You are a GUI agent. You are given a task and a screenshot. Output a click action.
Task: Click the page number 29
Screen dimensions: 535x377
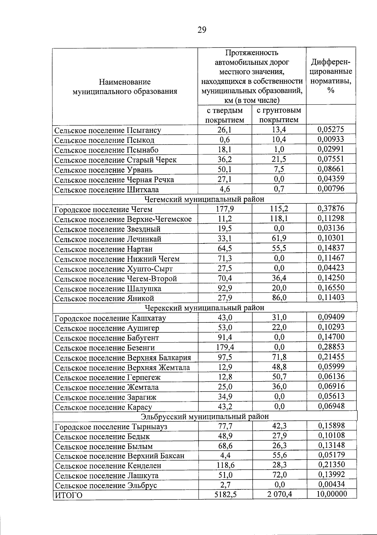click(202, 30)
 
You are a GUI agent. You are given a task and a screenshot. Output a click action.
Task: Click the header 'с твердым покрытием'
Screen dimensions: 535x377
click(225, 115)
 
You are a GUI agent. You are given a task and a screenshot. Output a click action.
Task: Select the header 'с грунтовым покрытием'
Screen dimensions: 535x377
click(279, 115)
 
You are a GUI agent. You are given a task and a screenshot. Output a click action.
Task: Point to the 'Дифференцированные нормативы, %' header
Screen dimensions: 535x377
click(331, 76)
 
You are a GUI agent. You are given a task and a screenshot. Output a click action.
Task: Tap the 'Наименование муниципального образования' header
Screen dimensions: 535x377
click(125, 87)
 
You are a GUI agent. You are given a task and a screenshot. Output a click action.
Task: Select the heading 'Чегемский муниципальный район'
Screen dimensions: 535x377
click(204, 199)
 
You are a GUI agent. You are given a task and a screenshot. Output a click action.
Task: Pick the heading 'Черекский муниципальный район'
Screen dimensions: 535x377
click(204, 308)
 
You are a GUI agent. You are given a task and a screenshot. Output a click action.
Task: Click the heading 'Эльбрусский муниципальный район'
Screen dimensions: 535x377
click(205, 417)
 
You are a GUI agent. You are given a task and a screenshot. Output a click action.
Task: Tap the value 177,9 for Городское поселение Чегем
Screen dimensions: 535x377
click(225, 209)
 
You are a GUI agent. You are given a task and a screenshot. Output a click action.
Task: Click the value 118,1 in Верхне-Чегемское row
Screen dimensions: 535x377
click(279, 219)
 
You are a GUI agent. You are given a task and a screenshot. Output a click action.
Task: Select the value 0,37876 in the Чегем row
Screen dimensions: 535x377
click(331, 208)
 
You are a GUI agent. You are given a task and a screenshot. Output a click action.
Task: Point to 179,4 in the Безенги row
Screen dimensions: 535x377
click(225, 347)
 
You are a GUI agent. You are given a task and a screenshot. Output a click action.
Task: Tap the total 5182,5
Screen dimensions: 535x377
click(225, 495)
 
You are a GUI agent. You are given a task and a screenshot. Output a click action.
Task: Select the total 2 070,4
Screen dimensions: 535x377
click(280, 495)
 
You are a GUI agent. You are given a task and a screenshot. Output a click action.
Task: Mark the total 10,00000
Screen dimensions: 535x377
click(331, 494)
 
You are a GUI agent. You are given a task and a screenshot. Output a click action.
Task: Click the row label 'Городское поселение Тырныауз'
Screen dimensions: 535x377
click(111, 427)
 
